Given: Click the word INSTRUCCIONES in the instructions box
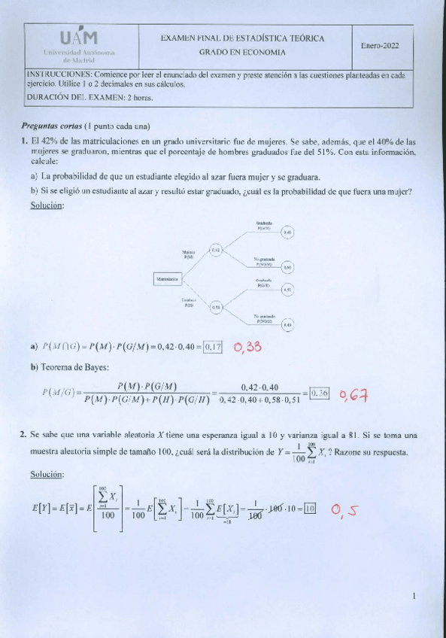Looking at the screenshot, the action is pyautogui.click(x=59, y=75).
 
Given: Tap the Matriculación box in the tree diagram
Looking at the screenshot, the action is pyautogui.click(x=168, y=279).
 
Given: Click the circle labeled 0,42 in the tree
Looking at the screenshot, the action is pyautogui.click(x=215, y=250).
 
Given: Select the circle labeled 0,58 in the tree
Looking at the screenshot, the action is pyautogui.click(x=215, y=306).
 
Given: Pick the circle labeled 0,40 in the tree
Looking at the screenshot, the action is pyautogui.click(x=287, y=233).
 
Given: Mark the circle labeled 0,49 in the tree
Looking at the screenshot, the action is pyautogui.click(x=287, y=324).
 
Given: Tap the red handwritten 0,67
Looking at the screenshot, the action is pyautogui.click(x=353, y=394).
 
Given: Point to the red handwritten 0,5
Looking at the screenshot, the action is pyautogui.click(x=344, y=512).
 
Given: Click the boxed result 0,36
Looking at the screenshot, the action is pyautogui.click(x=320, y=393).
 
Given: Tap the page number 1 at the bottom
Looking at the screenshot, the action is pyautogui.click(x=414, y=597).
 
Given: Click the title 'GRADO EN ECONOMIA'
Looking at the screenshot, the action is pyautogui.click(x=242, y=53).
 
